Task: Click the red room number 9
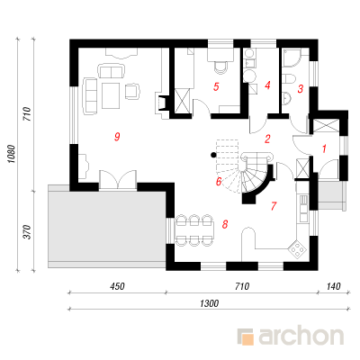click(117, 137)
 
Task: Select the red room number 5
click(216, 87)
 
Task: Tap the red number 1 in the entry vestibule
click(324, 148)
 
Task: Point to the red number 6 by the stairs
click(219, 181)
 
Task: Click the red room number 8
click(225, 224)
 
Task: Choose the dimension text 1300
click(209, 303)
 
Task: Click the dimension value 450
click(117, 286)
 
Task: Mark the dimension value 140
click(333, 286)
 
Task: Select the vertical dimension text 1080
click(11, 154)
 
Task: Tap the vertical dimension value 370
click(27, 232)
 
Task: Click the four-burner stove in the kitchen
click(297, 248)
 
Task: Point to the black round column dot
click(213, 155)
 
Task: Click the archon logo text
click(301, 337)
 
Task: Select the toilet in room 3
click(289, 79)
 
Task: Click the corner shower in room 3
click(292, 58)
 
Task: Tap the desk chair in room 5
click(220, 67)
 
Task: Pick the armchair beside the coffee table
click(132, 91)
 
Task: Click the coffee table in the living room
click(111, 95)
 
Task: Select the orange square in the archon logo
click(248, 339)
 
